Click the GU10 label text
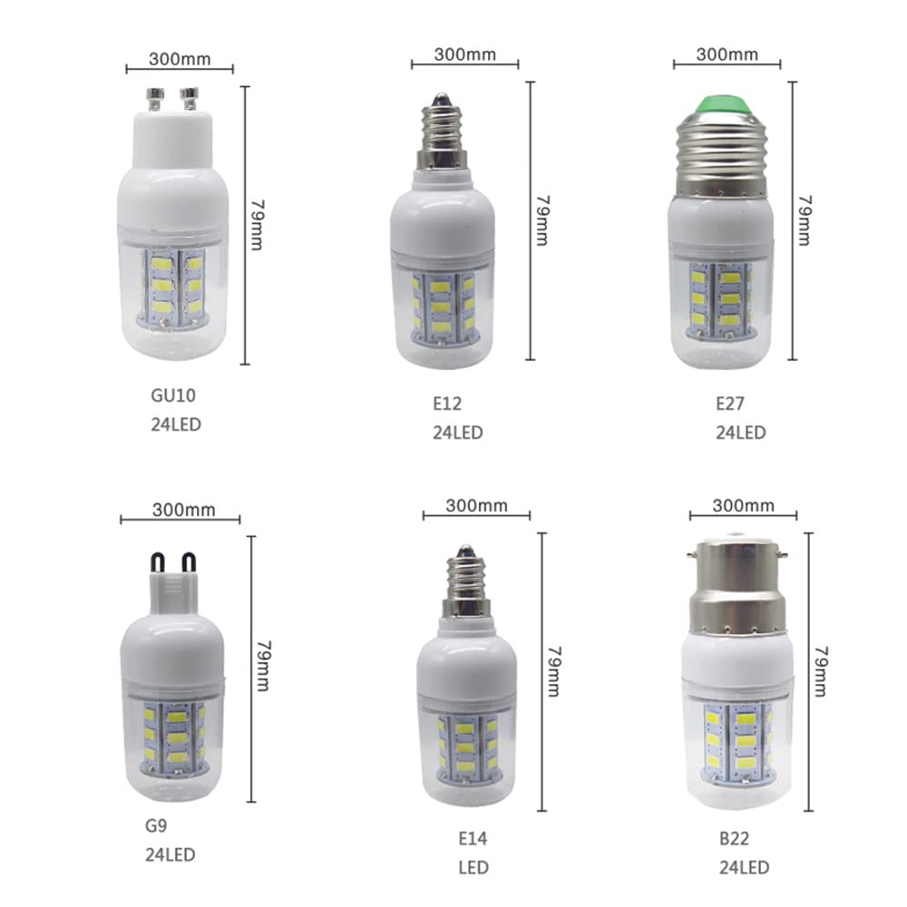173,395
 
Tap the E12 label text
447,404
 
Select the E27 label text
730,404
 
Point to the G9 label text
156,825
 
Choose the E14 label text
473,839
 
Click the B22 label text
734,839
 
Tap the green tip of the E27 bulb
721,105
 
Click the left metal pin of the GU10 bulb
155,99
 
